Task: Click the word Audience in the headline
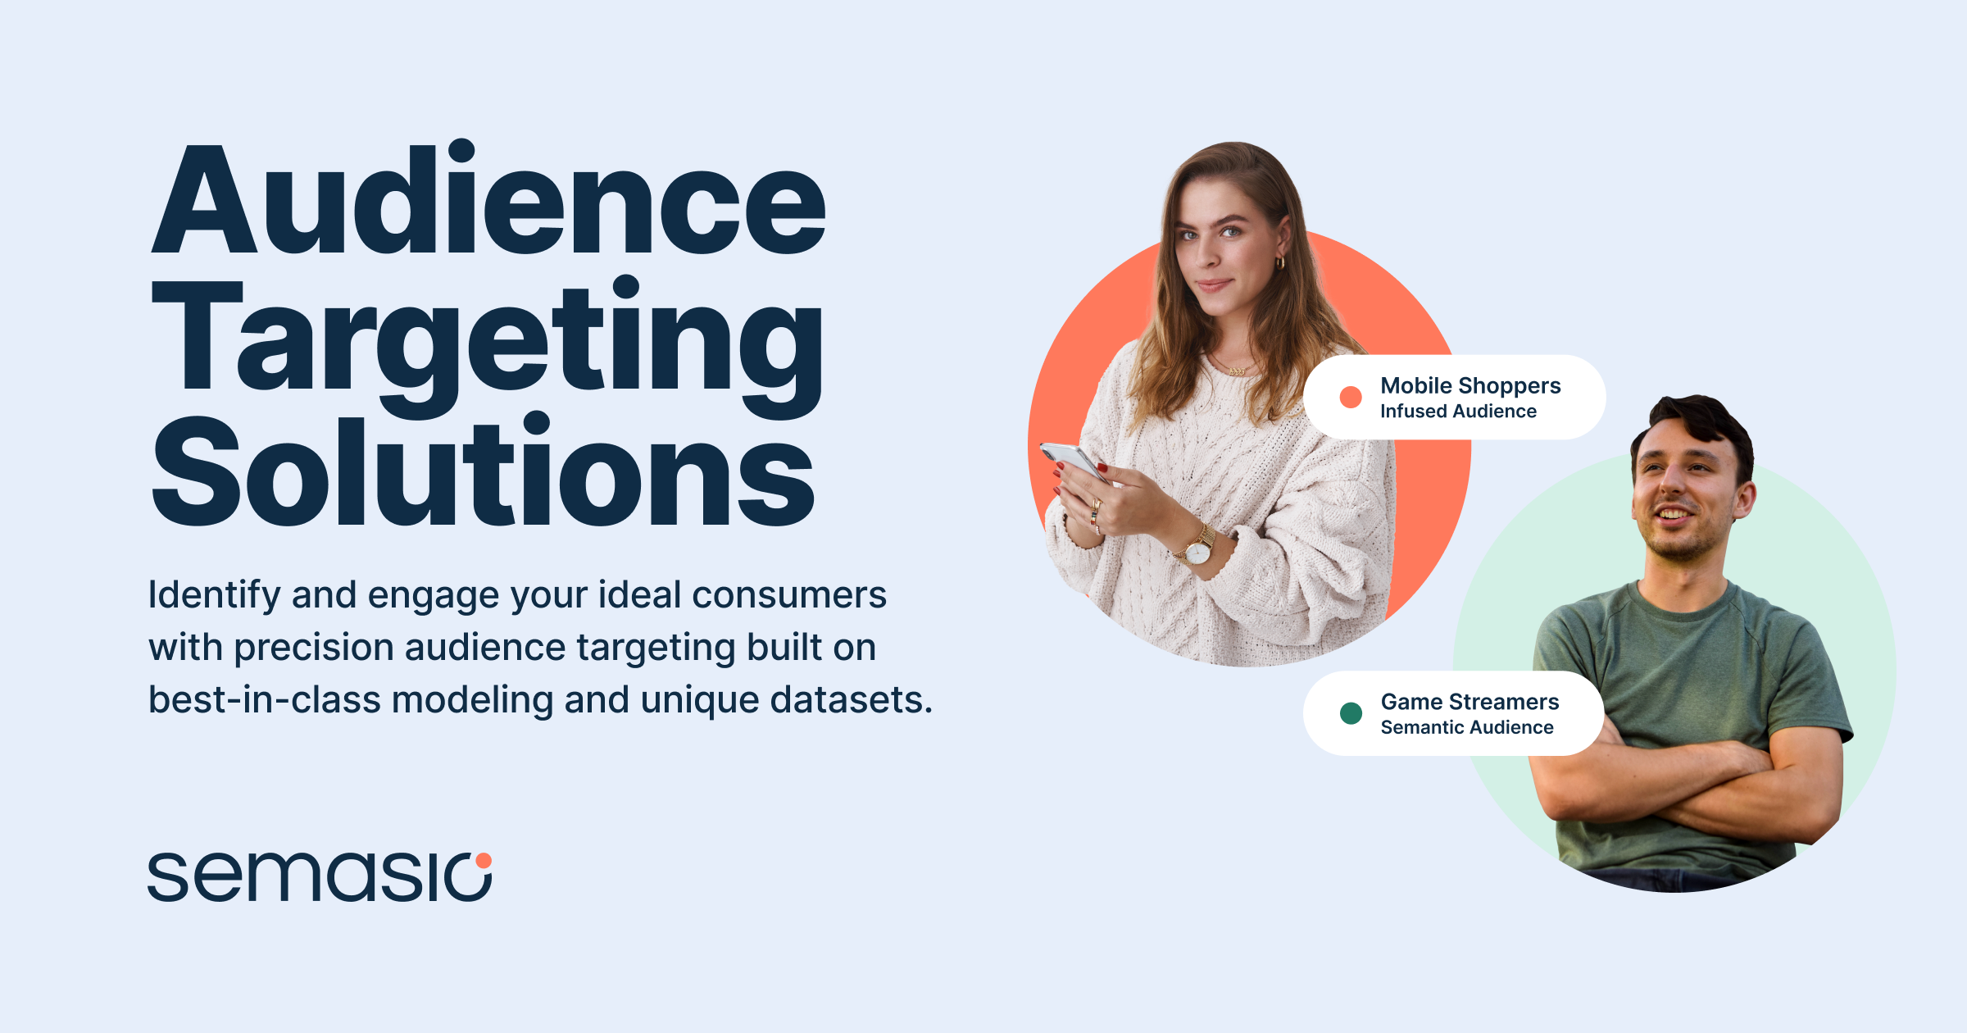tap(488, 201)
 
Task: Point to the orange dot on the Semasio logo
tap(484, 860)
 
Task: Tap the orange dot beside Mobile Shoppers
tap(1351, 398)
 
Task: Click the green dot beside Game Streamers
tap(1351, 713)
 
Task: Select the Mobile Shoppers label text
tap(1470, 385)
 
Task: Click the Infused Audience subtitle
tap(1458, 412)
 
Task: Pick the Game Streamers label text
tap(1470, 702)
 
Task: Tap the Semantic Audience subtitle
tap(1466, 728)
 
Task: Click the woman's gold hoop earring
tap(1279, 263)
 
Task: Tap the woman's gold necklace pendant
tap(1237, 371)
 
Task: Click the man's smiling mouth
tap(1673, 515)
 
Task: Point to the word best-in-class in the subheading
tap(264, 700)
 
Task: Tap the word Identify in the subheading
tap(214, 595)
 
